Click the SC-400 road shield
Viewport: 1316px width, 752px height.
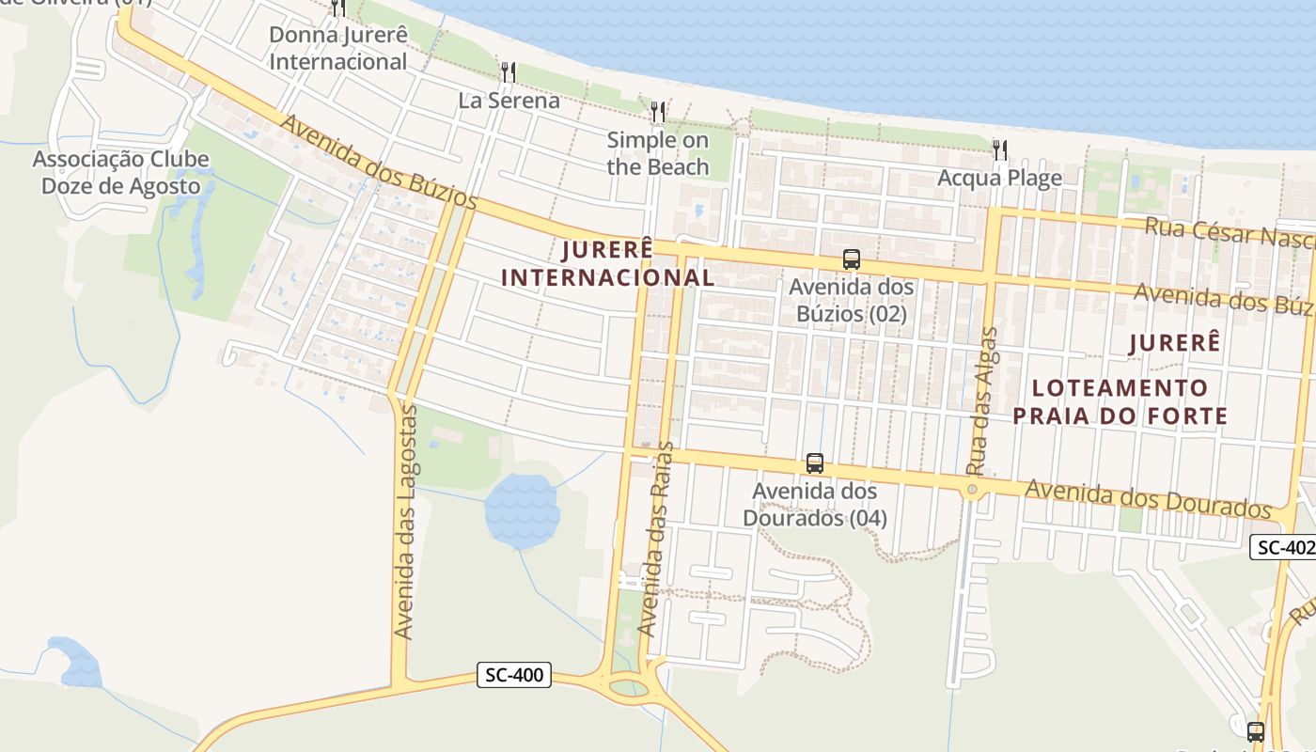pos(513,675)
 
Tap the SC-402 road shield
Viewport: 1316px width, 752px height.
pos(1282,547)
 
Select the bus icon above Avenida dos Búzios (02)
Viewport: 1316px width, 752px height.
pos(852,259)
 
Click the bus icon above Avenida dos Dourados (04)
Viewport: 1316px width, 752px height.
pos(815,463)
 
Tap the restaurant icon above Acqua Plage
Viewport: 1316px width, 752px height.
pos(1000,149)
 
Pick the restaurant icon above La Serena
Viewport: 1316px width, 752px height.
pos(509,71)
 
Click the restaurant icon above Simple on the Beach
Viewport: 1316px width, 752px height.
pos(658,112)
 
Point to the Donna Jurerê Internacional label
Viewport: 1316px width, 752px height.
pos(338,49)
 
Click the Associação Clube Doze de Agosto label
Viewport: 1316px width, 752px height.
pos(121,172)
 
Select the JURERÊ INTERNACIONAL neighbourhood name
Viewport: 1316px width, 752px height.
pos(608,263)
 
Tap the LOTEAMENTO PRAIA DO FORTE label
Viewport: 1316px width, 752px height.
pos(1120,401)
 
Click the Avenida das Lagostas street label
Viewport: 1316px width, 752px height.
pos(405,523)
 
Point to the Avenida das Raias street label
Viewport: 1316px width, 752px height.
pos(656,539)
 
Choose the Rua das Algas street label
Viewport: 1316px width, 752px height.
pos(982,400)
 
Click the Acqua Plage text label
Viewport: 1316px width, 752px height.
pos(1000,178)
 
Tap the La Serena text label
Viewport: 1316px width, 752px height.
pos(509,100)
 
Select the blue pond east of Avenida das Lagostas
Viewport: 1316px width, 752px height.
pos(521,509)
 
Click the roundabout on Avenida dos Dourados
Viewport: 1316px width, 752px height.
pos(972,490)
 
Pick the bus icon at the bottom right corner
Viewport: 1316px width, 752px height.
pos(1256,732)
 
